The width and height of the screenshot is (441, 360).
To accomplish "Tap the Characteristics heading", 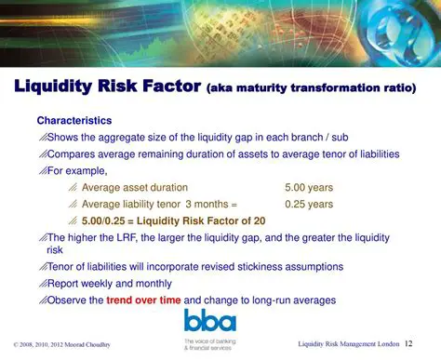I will [x=74, y=121].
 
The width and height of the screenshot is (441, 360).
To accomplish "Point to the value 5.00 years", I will [x=309, y=187].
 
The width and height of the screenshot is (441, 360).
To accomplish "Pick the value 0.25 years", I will [x=309, y=204].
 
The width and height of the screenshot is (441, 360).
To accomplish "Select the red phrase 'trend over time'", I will [x=144, y=300].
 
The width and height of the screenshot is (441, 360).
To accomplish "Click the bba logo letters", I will [x=209, y=321].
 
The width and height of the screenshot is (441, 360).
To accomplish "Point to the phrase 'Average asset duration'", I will [x=135, y=187].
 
